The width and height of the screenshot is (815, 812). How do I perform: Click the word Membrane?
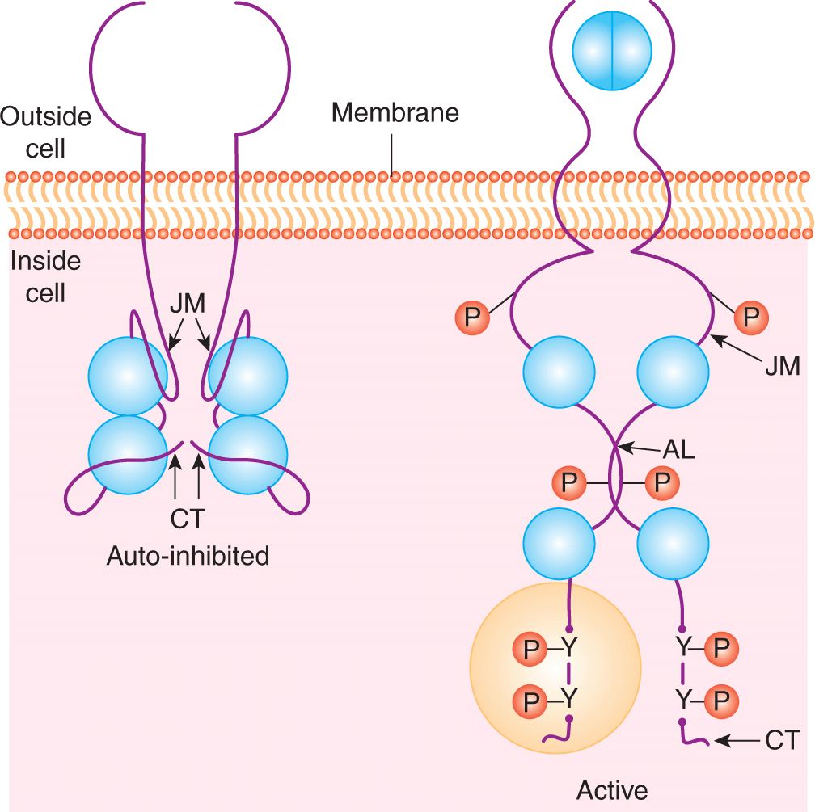click(x=395, y=112)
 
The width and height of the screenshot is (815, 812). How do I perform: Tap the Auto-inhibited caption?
click(x=188, y=556)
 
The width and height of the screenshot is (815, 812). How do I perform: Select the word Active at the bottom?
click(x=612, y=789)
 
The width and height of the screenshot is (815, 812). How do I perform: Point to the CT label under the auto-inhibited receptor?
click(x=188, y=518)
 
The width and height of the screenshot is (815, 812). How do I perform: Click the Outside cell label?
click(x=45, y=133)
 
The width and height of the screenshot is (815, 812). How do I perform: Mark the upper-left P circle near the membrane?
click(x=473, y=318)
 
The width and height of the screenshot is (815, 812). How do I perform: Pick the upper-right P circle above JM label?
click(x=751, y=318)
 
